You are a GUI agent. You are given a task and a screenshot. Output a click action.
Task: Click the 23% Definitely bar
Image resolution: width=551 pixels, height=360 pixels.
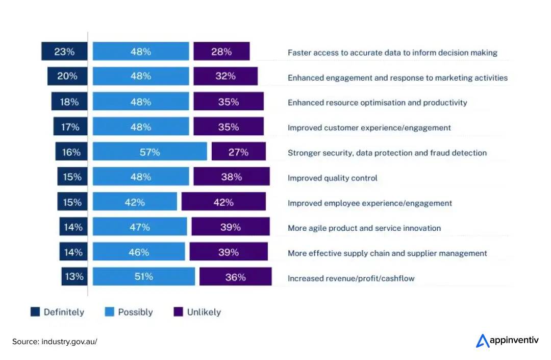pyautogui.click(x=64, y=52)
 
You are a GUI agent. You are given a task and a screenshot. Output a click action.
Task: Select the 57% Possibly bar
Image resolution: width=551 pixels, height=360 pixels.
pyautogui.click(x=150, y=152)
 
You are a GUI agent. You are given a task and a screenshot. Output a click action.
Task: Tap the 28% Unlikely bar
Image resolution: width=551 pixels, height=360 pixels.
pyautogui.click(x=221, y=52)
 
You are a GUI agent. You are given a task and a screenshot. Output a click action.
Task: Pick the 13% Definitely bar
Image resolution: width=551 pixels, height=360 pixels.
pyautogui.click(x=74, y=277)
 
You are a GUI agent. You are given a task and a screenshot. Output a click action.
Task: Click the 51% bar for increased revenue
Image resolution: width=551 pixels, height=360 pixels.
pyautogui.click(x=143, y=277)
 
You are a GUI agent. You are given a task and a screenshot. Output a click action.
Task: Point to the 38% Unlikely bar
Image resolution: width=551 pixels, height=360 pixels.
pyautogui.click(x=231, y=177)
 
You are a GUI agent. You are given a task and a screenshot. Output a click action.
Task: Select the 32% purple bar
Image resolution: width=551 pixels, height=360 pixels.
pyautogui.click(x=225, y=77)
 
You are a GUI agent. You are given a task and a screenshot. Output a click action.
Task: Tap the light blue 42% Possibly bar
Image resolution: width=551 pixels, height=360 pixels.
pyautogui.click(x=135, y=202)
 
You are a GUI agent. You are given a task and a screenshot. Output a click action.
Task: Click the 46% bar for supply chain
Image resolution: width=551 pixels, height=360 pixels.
pyautogui.click(x=139, y=252)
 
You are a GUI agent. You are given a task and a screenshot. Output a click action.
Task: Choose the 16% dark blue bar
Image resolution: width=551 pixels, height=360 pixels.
pyautogui.click(x=71, y=152)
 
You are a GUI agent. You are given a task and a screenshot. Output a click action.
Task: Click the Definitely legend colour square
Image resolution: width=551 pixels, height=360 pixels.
pyautogui.click(x=35, y=312)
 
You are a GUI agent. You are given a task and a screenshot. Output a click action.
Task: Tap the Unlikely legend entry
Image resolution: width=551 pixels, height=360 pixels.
pyautogui.click(x=198, y=312)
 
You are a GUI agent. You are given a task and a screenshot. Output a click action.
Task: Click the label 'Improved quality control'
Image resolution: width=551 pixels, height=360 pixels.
pyautogui.click(x=332, y=178)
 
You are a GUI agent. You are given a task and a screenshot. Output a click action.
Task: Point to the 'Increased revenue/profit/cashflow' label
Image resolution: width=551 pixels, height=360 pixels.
pyautogui.click(x=351, y=278)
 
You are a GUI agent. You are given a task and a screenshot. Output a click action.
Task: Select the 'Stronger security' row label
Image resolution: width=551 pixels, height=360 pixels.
pyautogui.click(x=387, y=153)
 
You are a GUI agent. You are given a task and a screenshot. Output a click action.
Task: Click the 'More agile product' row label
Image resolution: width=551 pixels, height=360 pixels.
pyautogui.click(x=364, y=228)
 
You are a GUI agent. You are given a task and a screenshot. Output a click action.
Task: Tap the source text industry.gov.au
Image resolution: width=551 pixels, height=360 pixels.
pyautogui.click(x=55, y=341)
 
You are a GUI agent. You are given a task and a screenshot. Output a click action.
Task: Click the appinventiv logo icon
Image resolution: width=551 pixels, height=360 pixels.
pyautogui.click(x=482, y=341)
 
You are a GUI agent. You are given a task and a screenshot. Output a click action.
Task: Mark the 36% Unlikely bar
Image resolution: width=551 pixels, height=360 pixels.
pyautogui.click(x=235, y=277)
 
